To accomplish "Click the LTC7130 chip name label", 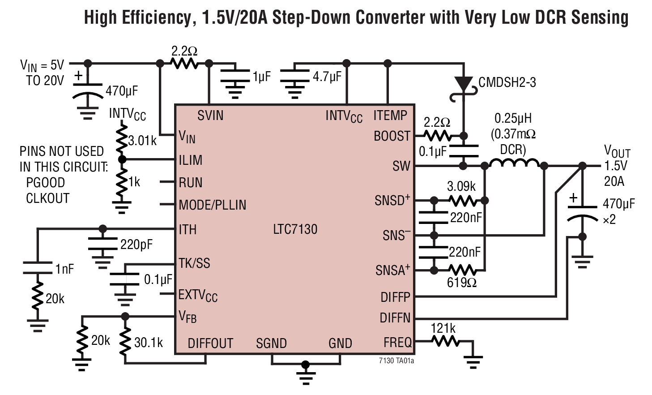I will point(295,229).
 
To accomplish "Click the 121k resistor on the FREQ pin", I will point(445,342).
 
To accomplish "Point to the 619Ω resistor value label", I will point(461,283).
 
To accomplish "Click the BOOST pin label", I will point(392,136).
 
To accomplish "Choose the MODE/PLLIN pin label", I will point(213,205).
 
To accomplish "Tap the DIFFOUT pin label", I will point(210,343).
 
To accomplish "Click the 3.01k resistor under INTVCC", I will point(121,140).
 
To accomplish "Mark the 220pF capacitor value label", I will point(136,245).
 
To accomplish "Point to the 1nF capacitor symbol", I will point(38,268).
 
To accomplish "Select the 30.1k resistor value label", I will point(149,343).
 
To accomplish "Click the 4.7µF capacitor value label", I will point(327,77).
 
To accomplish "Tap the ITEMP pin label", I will point(390,116).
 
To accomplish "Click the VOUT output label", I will point(617,151).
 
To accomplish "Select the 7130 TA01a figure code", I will point(396,361).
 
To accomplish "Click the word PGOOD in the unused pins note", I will point(45,183).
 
